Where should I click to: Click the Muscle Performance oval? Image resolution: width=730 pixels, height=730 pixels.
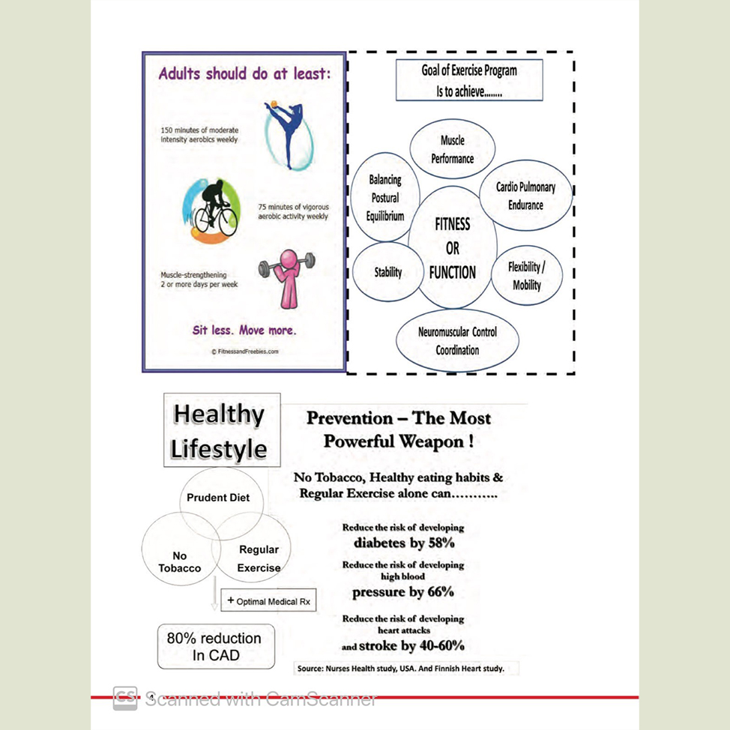tap(453, 148)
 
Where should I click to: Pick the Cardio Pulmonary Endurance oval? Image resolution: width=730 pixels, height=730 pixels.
tap(525, 196)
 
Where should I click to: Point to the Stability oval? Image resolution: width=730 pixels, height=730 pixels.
tap(387, 273)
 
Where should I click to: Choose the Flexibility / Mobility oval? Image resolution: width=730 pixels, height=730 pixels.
tap(526, 275)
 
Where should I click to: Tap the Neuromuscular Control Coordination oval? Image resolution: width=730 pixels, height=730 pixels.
tap(457, 340)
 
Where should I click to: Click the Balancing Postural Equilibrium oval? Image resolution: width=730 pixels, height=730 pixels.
tap(384, 198)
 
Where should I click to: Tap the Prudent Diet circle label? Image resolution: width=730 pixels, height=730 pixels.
tap(218, 498)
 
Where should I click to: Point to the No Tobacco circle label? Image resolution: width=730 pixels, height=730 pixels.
tap(180, 562)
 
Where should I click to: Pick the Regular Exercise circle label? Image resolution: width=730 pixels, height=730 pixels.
tap(259, 558)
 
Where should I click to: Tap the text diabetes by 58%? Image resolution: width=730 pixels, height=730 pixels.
tap(403, 543)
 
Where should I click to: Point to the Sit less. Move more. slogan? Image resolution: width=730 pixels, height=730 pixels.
tap(244, 330)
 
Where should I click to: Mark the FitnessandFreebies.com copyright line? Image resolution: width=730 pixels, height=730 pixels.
tap(244, 351)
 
